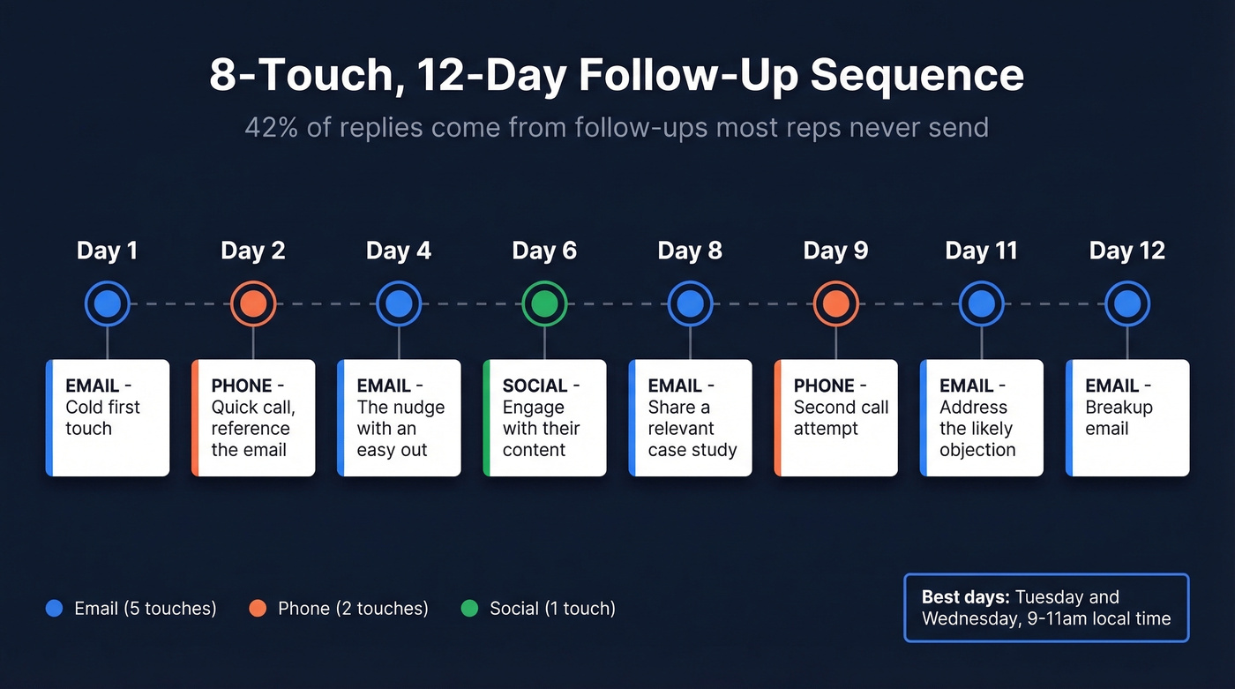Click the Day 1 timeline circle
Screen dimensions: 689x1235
pos(108,304)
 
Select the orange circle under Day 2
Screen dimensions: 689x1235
pos(253,304)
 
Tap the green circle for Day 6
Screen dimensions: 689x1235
pos(544,304)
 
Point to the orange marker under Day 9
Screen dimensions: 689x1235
pos(835,304)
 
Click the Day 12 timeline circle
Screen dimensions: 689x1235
pos(1126,304)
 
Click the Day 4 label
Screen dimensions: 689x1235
pos(399,251)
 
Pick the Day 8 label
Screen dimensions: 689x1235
pos(690,251)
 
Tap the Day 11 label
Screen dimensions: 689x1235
pos(981,251)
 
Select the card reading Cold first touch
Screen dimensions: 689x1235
pos(108,417)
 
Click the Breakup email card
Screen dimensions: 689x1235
pos(1127,417)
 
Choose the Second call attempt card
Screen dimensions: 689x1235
pos(836,417)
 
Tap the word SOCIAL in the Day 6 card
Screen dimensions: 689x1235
pos(535,386)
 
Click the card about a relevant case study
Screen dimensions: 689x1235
pos(691,417)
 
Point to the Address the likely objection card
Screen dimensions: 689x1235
pos(982,417)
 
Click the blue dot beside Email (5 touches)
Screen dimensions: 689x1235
pos(54,608)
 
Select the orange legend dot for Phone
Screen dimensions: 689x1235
pos(258,608)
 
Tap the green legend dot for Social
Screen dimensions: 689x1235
pos(469,608)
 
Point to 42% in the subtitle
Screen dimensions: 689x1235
pos(268,128)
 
